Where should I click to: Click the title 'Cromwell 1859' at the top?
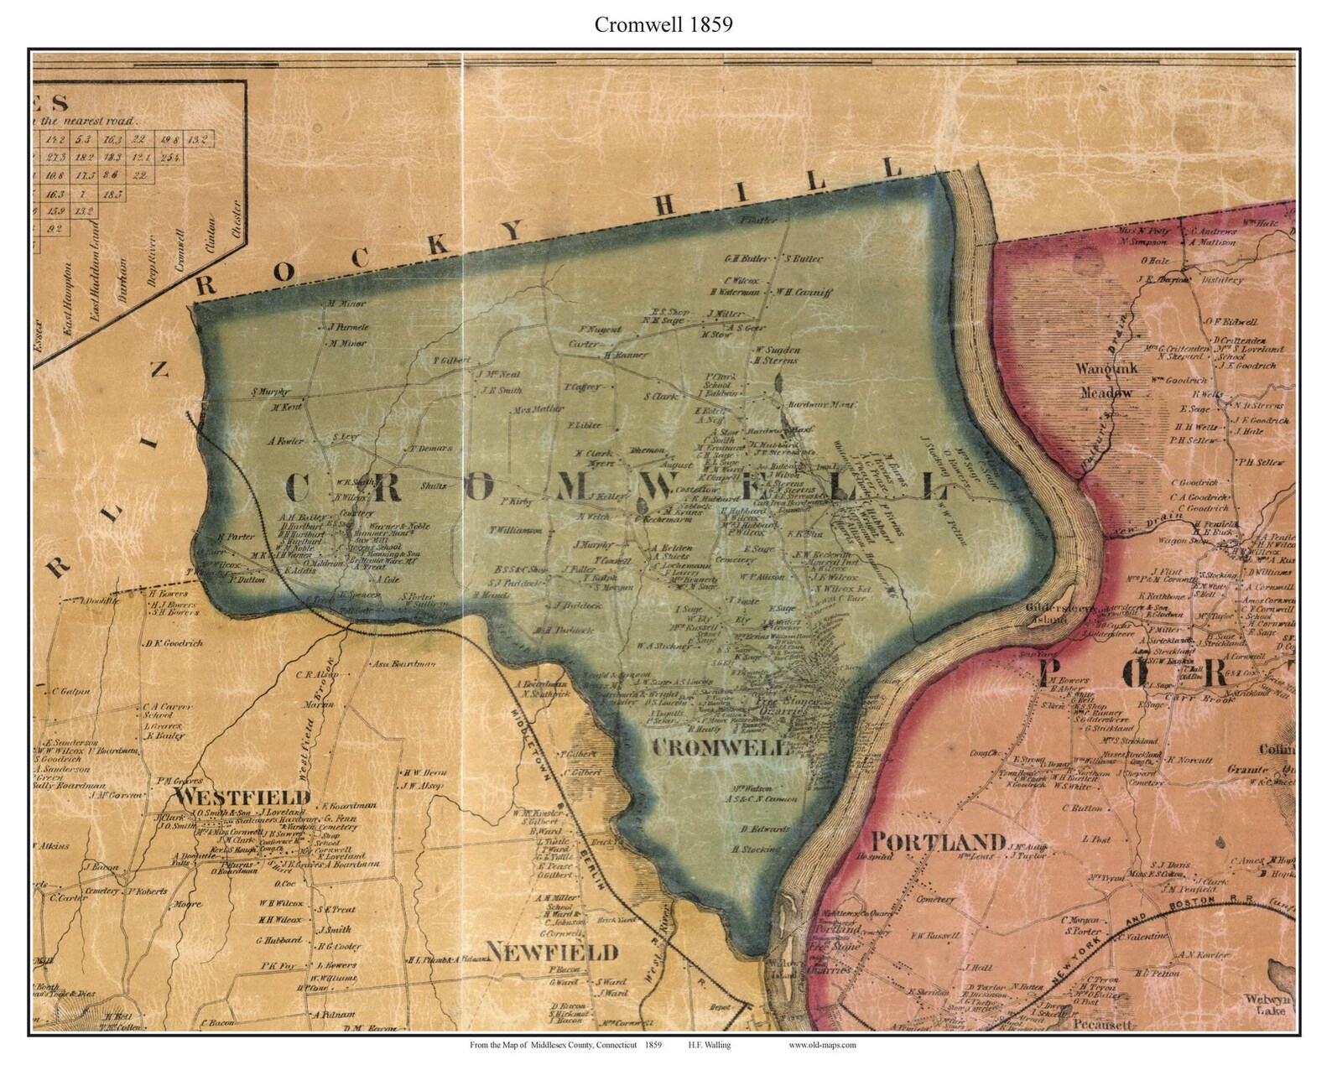663,24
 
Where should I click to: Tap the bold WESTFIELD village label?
242,796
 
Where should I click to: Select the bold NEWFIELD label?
552,952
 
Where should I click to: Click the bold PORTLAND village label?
937,841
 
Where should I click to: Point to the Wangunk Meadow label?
1106,380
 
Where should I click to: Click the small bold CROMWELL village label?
721,747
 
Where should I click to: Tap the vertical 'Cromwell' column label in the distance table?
178,247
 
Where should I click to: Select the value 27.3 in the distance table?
57,157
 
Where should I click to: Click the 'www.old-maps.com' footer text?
822,1045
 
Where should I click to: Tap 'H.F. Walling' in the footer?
709,1045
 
